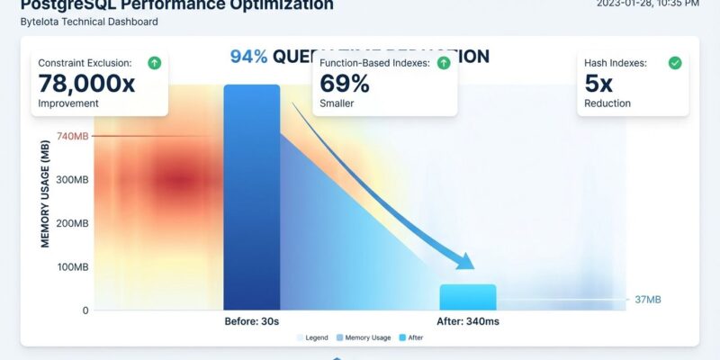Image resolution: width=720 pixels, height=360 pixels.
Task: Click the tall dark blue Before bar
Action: [251, 198]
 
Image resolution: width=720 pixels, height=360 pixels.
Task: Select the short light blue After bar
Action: [467, 297]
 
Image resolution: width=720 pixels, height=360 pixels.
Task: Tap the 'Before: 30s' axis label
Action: [251, 321]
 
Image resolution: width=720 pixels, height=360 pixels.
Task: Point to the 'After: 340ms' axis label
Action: [468, 321]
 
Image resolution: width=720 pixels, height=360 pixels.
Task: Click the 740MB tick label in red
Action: [71, 136]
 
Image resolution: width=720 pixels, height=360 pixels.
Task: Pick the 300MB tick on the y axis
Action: [71, 180]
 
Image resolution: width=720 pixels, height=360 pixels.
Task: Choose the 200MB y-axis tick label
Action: [71, 223]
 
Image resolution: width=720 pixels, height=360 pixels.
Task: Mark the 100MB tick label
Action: [71, 267]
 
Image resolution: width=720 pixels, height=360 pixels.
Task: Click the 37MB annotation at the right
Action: [647, 300]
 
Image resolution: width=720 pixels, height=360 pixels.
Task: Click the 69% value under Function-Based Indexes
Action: [345, 84]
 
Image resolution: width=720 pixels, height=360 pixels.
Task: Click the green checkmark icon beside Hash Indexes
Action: [674, 63]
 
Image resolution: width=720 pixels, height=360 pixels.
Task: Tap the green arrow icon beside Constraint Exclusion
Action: [154, 63]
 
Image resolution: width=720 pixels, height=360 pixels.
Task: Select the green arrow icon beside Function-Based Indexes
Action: [443, 63]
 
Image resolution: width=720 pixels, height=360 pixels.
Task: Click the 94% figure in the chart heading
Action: [248, 57]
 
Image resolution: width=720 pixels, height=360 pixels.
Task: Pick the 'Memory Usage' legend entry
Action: [367, 337]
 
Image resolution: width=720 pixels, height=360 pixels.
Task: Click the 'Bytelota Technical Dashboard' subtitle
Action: [89, 22]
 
